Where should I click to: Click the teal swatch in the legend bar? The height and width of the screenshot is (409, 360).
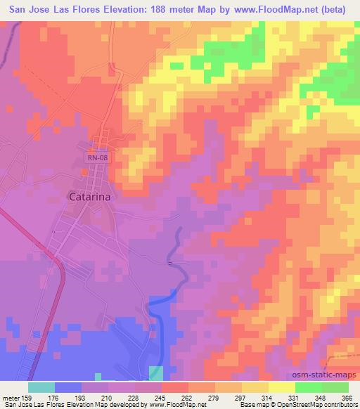[41, 387]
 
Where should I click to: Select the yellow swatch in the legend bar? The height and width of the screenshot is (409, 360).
[282, 387]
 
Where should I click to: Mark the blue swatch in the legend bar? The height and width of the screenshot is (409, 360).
[68, 387]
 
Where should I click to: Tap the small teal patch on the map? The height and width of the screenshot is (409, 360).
[156, 372]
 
